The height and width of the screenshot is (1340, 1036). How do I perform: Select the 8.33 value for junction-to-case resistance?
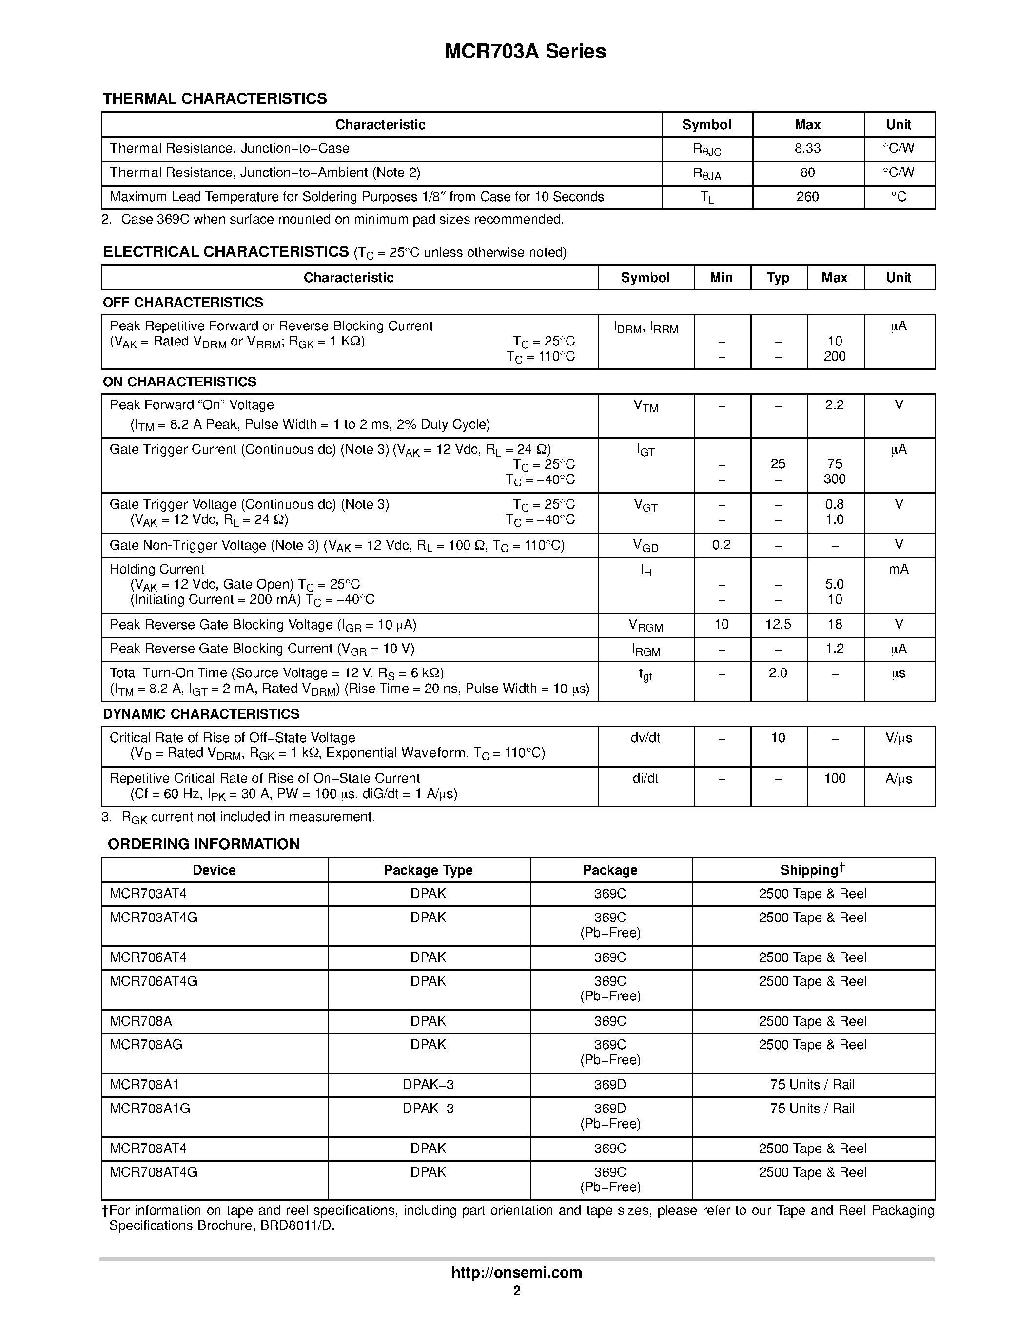tap(807, 149)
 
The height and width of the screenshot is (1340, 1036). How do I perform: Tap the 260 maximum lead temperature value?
tap(807, 197)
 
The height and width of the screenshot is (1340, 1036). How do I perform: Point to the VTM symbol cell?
tap(645, 406)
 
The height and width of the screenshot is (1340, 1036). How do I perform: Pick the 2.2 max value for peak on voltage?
tap(834, 405)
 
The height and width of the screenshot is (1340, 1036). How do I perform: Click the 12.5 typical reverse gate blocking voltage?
tap(778, 625)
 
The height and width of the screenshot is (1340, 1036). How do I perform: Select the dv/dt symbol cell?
tap(645, 738)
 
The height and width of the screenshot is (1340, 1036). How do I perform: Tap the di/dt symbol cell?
tap(645, 779)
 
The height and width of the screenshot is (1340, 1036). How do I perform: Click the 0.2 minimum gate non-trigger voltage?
tap(721, 545)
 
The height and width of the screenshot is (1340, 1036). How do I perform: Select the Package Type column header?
tap(428, 870)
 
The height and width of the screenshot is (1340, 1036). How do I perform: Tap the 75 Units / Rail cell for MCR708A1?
tap(812, 1085)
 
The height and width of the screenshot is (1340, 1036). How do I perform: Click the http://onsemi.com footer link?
tap(516, 1272)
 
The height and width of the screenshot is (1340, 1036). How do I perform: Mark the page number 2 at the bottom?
tap(517, 1291)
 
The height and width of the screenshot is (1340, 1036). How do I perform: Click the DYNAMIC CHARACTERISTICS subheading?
tap(201, 714)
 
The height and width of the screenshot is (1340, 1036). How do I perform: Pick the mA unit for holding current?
tap(898, 569)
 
